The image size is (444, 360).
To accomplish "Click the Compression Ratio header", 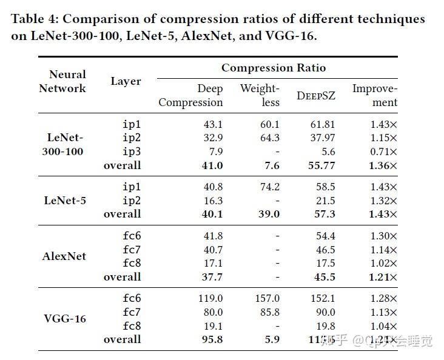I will pos(273,68).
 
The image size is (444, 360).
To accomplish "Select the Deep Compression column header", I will pos(191,96).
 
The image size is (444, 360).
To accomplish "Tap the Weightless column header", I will pos(260,96).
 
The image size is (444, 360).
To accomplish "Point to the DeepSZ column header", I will pos(315,96).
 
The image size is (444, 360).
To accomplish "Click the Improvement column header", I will pos(374,96).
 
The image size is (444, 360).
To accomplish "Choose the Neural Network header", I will pos(62,81).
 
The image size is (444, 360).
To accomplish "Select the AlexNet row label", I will pos(64,256).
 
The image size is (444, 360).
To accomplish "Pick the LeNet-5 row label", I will pos(65,200).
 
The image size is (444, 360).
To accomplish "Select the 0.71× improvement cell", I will pos(384,152).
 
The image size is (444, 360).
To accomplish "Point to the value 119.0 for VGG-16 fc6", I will pos(210,298).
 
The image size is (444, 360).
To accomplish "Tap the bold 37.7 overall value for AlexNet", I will pos(212,277).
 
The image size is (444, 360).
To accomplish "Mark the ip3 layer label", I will pos(132,152).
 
